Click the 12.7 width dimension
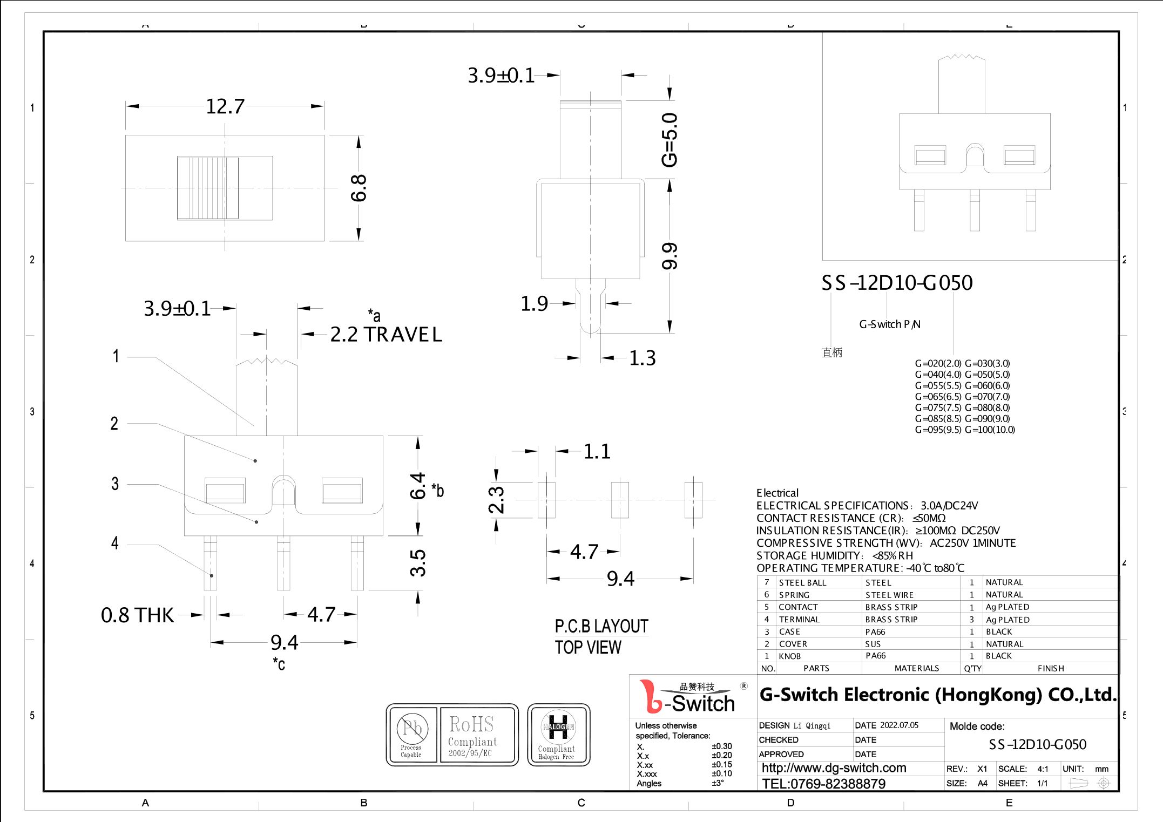(225, 106)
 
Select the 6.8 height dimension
(359, 188)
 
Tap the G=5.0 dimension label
(669, 140)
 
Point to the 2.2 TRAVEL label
(386, 335)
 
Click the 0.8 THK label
(137, 615)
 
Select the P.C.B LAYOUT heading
(601, 626)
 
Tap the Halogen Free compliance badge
(558, 735)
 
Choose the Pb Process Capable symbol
(412, 735)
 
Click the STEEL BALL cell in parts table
(802, 582)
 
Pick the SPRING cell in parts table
(794, 595)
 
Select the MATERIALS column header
(916, 668)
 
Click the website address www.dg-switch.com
(834, 768)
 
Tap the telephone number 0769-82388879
(823, 784)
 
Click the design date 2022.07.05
(899, 725)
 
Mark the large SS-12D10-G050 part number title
(897, 283)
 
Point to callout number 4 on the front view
(114, 543)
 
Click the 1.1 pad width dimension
(597, 452)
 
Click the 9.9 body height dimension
(669, 256)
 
